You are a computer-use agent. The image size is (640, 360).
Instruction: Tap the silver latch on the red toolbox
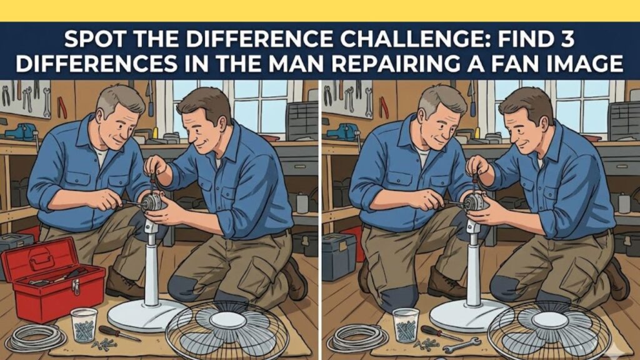tap(76, 287)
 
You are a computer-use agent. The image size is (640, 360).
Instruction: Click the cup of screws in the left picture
tap(84, 324)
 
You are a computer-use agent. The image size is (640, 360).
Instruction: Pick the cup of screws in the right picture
tap(406, 324)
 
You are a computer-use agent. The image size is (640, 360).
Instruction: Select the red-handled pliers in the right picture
tap(383, 107)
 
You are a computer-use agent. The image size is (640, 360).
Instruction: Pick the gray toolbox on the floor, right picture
tap(338, 256)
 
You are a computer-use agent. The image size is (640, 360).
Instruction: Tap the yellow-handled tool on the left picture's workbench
tap(154, 132)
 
